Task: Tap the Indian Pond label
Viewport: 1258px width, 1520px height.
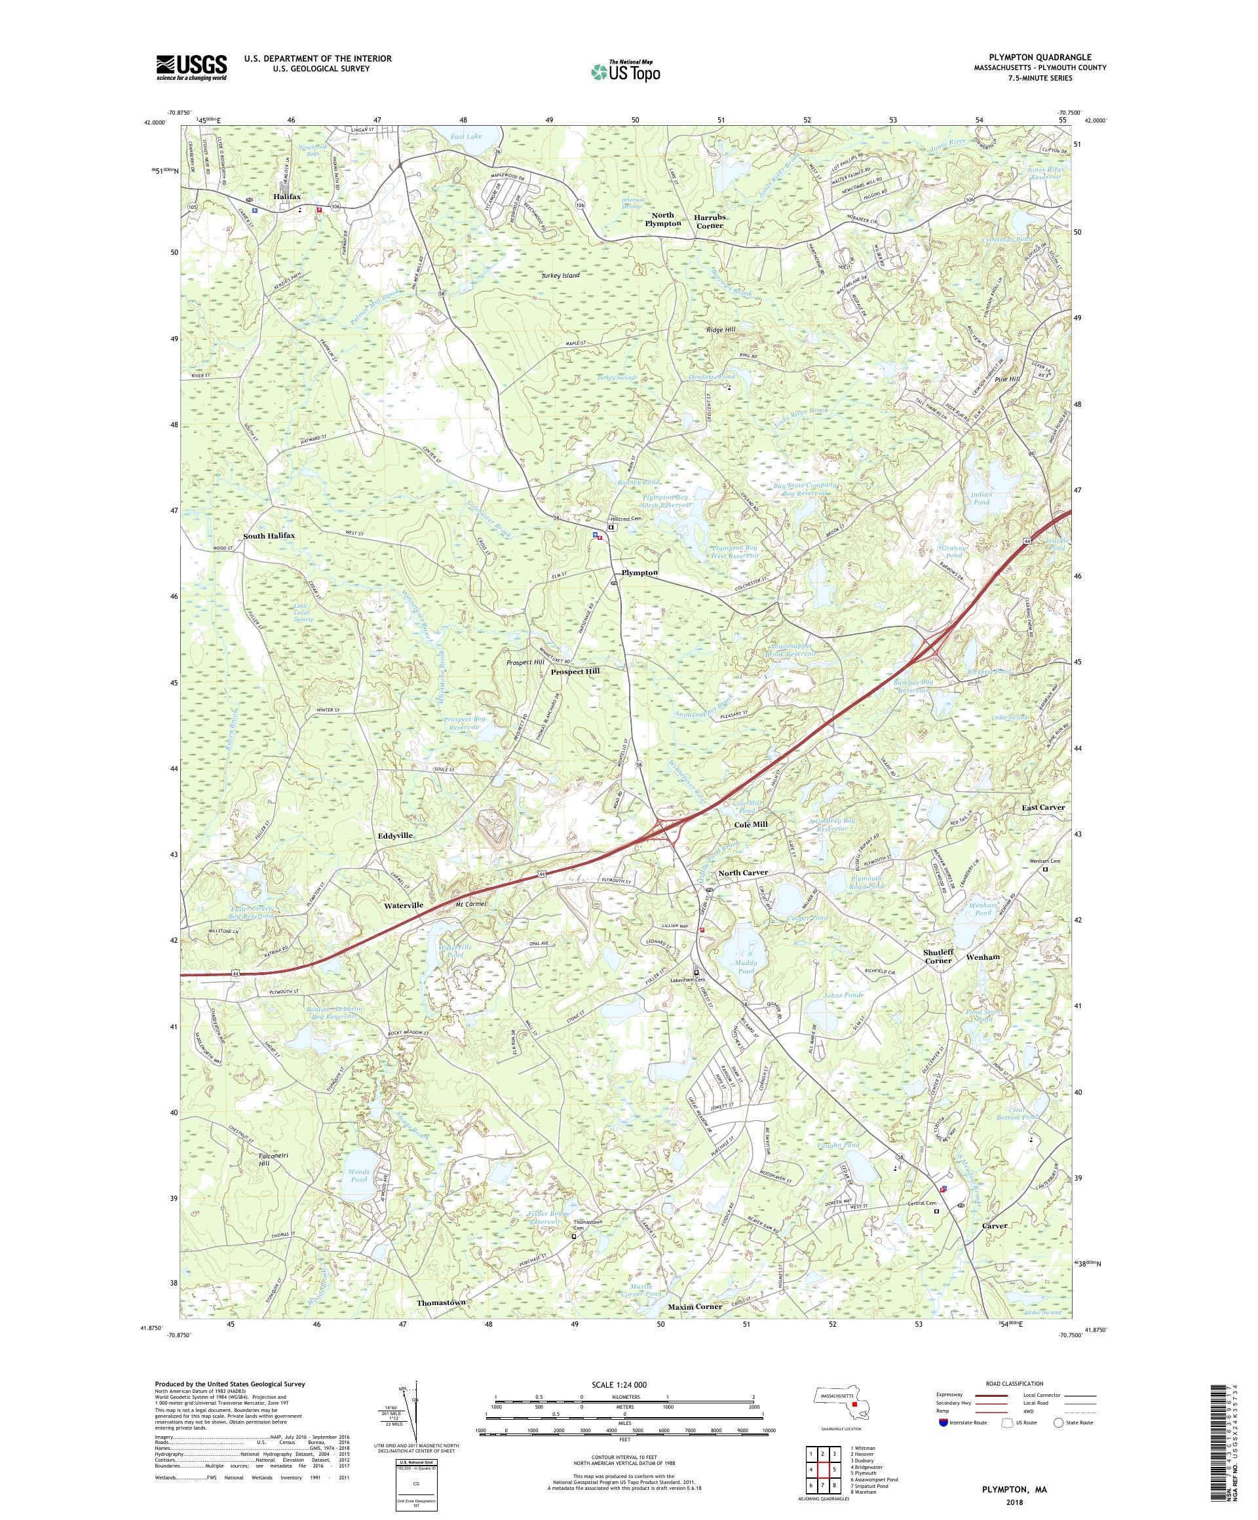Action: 981,498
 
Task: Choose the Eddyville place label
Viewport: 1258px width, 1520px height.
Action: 395,835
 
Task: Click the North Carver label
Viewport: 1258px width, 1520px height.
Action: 742,873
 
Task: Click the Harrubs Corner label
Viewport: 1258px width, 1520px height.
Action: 710,221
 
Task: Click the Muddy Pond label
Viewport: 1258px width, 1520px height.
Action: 745,966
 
